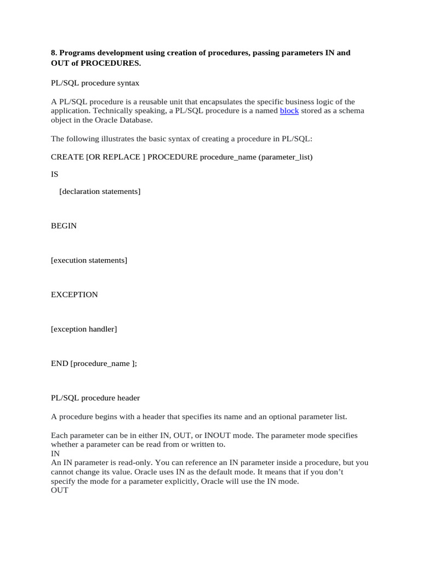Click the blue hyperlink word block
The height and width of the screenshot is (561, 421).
click(x=289, y=111)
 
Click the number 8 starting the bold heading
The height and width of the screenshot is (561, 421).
click(x=53, y=53)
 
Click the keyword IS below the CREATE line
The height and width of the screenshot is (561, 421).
click(x=54, y=174)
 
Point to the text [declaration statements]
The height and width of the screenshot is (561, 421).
click(x=100, y=191)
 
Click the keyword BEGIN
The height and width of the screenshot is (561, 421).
click(x=64, y=226)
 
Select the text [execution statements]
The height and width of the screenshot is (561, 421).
click(x=89, y=260)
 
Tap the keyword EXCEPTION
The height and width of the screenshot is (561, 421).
click(x=75, y=295)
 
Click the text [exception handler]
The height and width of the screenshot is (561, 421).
click(x=84, y=329)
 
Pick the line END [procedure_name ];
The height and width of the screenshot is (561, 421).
click(x=94, y=364)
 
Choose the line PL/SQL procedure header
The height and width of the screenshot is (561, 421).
click(x=96, y=398)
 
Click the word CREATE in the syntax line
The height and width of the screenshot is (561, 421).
click(x=67, y=157)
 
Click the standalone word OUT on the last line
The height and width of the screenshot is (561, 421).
click(x=60, y=490)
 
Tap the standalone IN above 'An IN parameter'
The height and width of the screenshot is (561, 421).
click(x=55, y=454)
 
